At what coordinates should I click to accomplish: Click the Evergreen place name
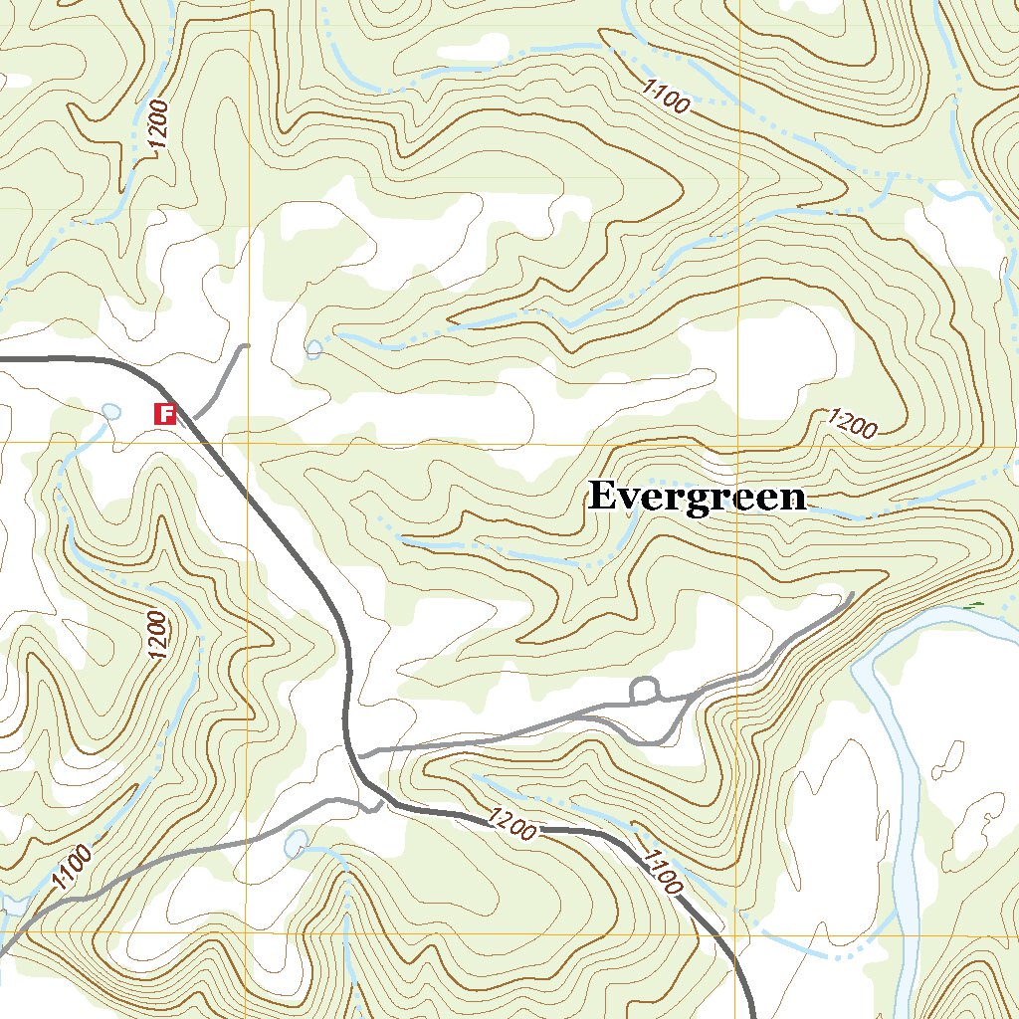click(x=697, y=497)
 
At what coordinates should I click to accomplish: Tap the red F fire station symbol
click(x=165, y=413)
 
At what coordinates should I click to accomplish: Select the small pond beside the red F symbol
click(x=110, y=411)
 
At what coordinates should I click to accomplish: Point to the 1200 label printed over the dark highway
click(x=512, y=824)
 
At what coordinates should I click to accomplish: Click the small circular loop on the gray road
click(x=645, y=689)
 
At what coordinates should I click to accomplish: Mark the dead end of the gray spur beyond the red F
click(x=246, y=346)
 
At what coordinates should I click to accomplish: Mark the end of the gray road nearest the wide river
click(x=852, y=595)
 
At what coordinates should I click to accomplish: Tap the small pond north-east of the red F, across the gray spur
click(x=314, y=349)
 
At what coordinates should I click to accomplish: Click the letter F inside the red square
click(x=165, y=413)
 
